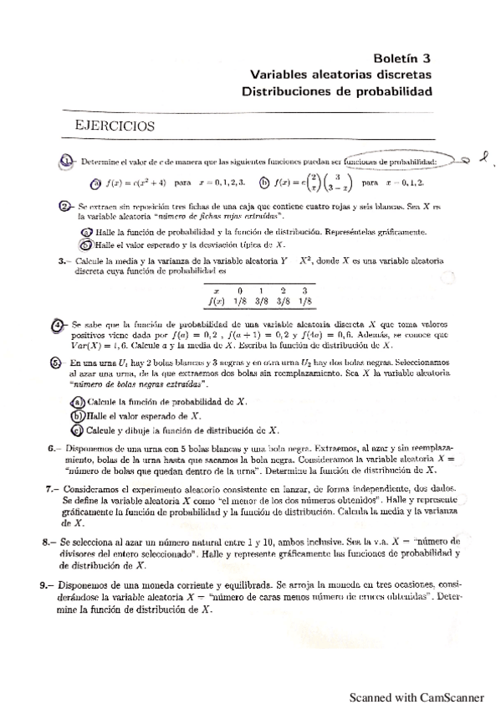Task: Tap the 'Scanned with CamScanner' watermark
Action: click(417, 695)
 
